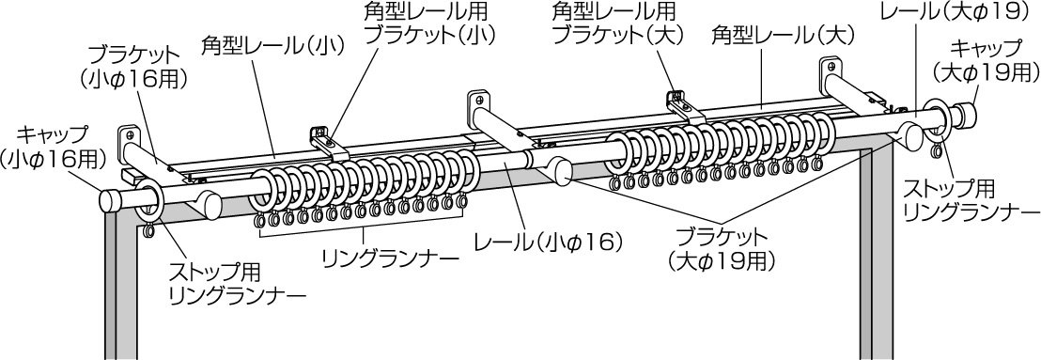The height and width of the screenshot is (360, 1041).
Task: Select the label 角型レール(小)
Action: [272, 45]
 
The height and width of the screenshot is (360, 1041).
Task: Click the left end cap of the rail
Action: [111, 200]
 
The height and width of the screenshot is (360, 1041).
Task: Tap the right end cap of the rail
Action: [964, 114]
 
